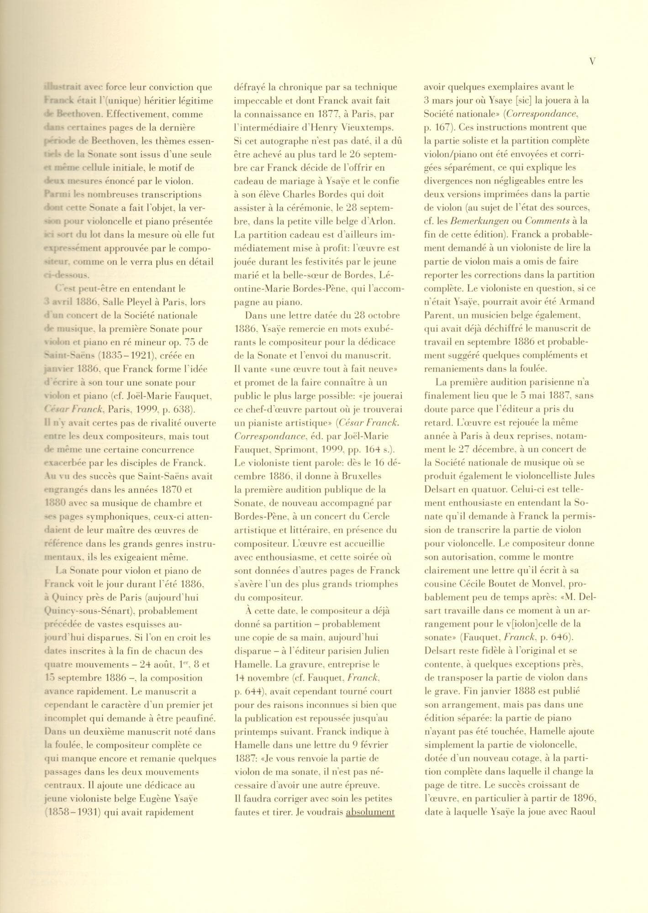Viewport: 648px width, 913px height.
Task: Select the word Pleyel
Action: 144,302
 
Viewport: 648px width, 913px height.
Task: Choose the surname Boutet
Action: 507,584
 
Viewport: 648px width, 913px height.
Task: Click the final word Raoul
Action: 582,812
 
